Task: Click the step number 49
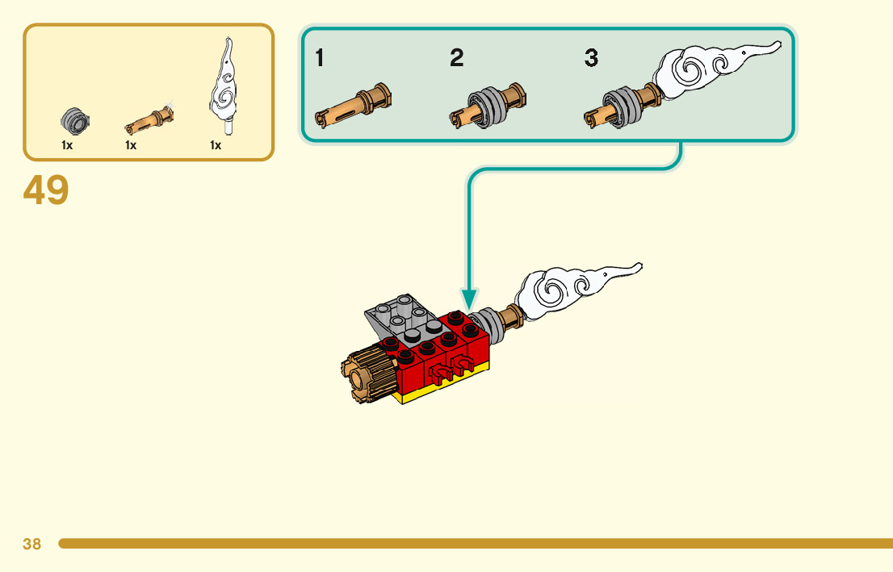46,190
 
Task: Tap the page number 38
31,544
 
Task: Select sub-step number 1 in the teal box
321,58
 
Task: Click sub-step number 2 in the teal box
457,58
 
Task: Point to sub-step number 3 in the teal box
592,58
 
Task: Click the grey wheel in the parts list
74,122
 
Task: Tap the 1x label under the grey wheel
67,146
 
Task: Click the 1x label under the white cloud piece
216,146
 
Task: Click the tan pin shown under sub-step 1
353,106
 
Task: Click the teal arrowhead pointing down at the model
468,300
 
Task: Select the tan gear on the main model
371,376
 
